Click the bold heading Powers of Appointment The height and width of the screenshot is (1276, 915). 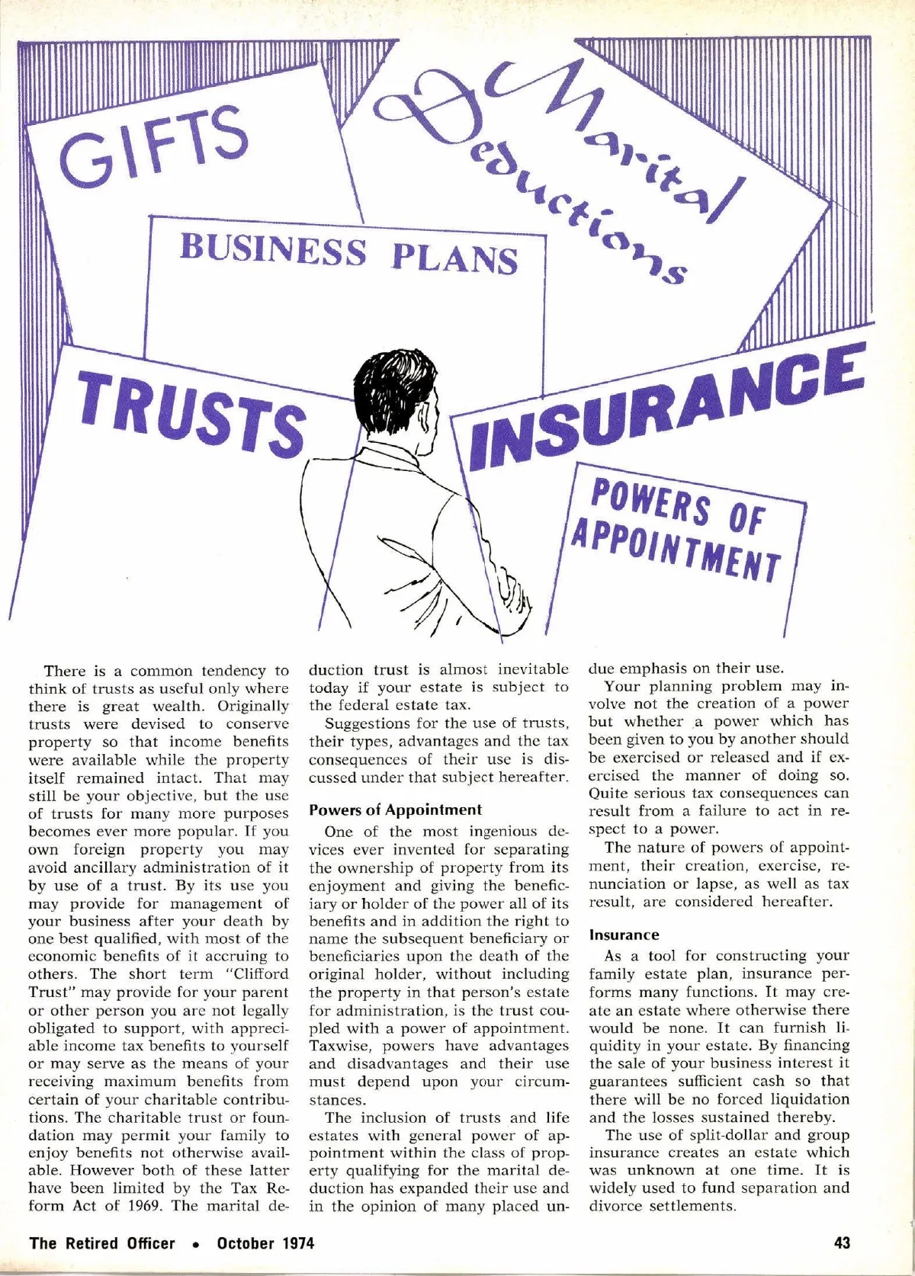coord(396,810)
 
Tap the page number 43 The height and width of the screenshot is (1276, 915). coord(842,1242)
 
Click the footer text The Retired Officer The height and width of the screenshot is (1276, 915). coord(102,1242)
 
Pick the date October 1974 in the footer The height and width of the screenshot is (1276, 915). coord(265,1242)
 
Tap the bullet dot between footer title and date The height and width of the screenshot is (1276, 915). coord(196,1244)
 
